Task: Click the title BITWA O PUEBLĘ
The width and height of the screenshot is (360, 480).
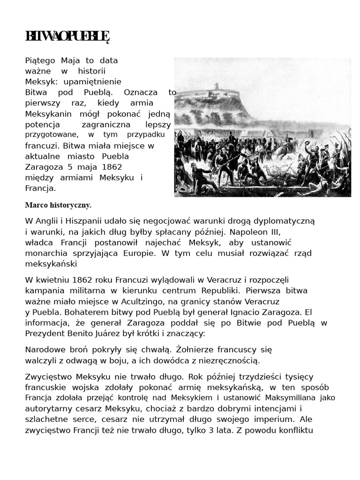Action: coord(67,37)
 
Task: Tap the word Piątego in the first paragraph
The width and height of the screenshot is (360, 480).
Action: coord(41,60)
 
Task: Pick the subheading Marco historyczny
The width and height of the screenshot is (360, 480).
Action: coord(58,205)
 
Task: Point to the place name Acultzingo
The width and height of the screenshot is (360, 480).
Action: coord(150,301)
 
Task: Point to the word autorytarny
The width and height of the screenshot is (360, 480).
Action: coord(50,408)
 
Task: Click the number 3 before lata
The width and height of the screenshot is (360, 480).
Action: coord(212,430)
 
